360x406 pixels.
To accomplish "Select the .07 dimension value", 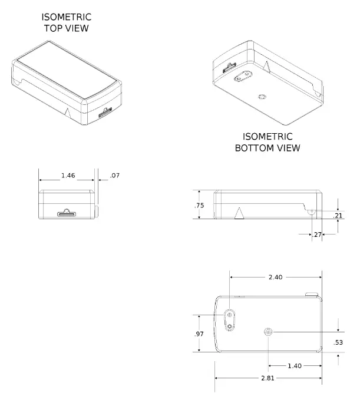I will point(115,176).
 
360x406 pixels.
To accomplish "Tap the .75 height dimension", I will point(199,205).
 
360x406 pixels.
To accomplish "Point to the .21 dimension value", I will point(338,216).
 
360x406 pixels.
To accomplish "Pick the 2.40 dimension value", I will point(276,277).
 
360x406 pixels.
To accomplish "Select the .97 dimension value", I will point(199,334).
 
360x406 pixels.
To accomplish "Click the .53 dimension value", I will point(338,342).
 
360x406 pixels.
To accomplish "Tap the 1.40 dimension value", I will point(295,366).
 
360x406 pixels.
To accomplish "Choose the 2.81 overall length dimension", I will point(267,378).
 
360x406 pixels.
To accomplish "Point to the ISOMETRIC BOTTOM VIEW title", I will point(267,143).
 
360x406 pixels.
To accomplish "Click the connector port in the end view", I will point(67,212).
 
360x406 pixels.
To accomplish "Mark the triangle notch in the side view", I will point(240,213).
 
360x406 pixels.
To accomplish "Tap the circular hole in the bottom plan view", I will point(269,332).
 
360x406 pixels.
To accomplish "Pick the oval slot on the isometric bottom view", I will point(243,78).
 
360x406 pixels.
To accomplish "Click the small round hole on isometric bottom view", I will point(262,95).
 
